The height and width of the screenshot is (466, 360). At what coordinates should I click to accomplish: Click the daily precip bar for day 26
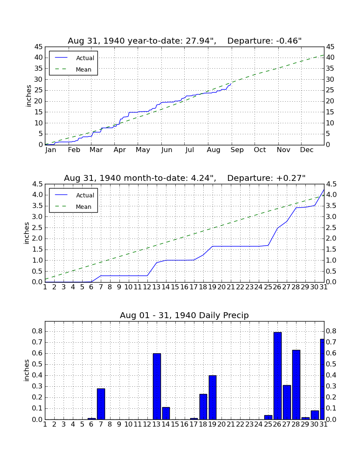coord(277,376)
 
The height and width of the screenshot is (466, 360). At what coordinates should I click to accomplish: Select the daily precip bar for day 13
coord(157,386)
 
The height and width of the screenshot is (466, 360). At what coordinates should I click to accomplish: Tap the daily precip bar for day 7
coord(101,404)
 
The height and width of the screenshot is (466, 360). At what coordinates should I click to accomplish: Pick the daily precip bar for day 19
coord(212,397)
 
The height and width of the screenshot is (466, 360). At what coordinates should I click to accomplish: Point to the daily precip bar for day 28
coord(296,385)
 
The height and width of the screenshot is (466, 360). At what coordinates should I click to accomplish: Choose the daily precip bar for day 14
coord(166,413)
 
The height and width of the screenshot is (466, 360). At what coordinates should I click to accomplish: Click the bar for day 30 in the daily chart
coord(315,415)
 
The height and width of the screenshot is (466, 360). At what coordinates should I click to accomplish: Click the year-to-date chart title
coord(185,41)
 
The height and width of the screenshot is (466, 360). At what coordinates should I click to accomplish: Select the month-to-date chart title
coord(185,178)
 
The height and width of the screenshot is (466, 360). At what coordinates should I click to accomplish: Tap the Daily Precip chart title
coord(184,315)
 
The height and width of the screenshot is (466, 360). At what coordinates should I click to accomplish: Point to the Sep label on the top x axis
coord(237,150)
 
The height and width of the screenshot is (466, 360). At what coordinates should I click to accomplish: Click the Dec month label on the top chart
coord(307,150)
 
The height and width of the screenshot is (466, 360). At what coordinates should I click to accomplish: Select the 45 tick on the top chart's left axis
coord(39,47)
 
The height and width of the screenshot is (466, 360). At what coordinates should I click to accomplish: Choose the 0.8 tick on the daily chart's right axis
coord(331,331)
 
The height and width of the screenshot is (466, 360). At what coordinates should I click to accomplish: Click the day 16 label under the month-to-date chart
coord(185,287)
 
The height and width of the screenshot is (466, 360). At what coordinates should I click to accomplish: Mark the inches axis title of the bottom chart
coord(27,370)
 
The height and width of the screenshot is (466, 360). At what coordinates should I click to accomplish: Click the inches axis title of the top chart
coord(28,96)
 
